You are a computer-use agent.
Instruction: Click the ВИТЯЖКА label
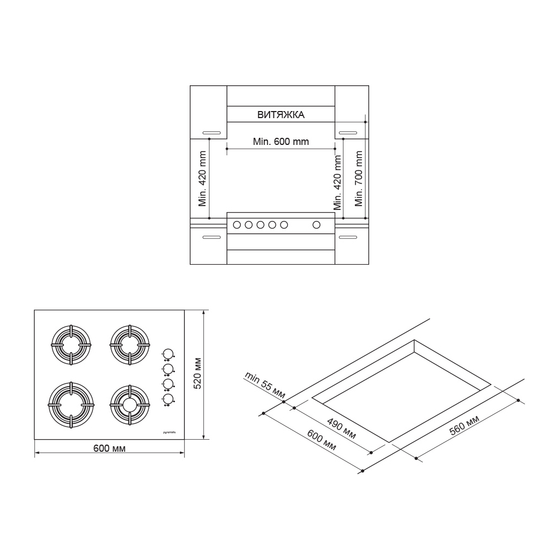point(281,115)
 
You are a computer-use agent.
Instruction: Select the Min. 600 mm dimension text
point(281,142)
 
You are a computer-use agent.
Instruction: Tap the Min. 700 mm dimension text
point(359,178)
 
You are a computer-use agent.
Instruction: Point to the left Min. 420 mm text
point(202,178)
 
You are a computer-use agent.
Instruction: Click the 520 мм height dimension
point(198,374)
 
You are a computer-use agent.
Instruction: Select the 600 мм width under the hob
point(109,448)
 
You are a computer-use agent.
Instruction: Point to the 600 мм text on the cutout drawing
point(321,440)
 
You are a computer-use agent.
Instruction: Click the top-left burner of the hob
point(71,345)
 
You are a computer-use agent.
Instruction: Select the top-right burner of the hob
point(129,345)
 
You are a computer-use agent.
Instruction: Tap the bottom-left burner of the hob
point(71,404)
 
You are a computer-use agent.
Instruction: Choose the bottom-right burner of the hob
point(129,405)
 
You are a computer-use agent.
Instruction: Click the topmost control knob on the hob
point(168,353)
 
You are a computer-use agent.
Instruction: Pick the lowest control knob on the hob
point(168,399)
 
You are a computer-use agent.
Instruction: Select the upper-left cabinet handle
point(211,133)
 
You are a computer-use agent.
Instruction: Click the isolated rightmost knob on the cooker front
point(316,224)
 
